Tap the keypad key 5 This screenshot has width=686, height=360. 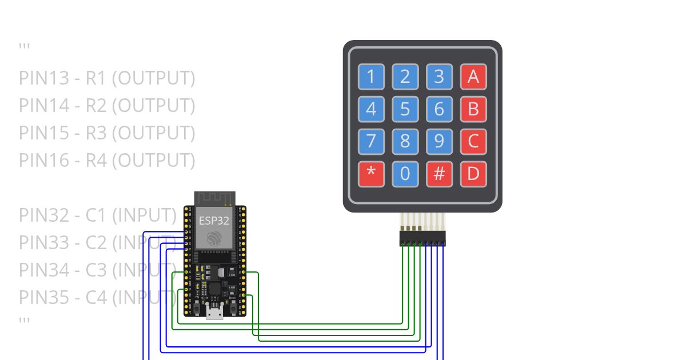[405, 109]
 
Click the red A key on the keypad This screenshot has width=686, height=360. [473, 76]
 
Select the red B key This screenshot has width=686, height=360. [473, 109]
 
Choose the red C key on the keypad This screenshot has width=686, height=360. [473, 141]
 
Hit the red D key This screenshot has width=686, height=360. [473, 174]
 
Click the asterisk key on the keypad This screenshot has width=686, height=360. [372, 174]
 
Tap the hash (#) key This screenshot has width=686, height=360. [439, 174]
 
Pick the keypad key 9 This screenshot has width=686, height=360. [439, 141]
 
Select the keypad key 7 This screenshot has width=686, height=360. [372, 141]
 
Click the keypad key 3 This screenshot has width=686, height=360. [439, 76]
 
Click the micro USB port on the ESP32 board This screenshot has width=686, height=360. [215, 311]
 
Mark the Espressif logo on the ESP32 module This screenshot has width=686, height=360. [214, 239]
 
